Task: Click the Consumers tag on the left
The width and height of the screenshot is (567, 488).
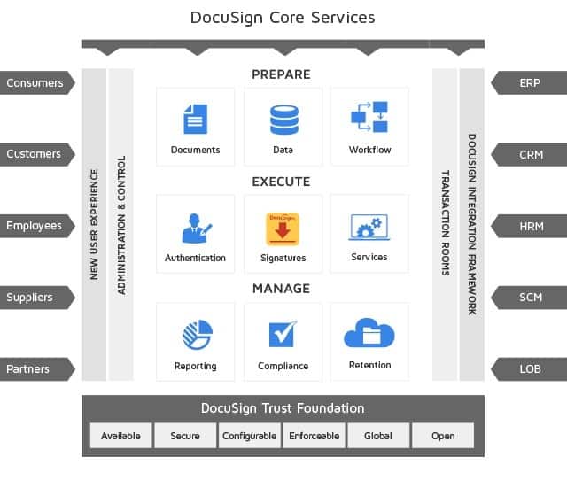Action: point(35,83)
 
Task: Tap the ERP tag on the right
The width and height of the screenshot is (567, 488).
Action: point(530,83)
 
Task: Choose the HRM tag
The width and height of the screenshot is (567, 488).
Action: point(531,226)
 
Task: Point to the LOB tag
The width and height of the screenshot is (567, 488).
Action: point(530,369)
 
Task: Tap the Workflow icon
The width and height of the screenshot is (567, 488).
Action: point(369,118)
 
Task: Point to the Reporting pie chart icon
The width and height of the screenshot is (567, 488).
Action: point(195,335)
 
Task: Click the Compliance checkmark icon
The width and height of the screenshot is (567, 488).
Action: point(283,335)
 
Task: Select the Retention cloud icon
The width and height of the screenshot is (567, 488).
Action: point(369,335)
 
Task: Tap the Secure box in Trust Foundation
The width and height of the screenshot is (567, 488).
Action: point(185,436)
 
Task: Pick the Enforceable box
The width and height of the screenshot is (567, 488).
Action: point(314,436)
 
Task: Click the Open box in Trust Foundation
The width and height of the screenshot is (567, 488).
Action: point(443,436)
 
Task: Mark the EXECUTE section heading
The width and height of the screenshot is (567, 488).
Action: point(281,182)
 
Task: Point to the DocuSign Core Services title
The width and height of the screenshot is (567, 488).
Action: point(283,17)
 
